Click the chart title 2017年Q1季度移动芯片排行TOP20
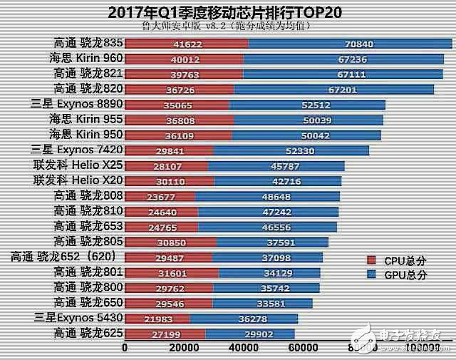coord(228,12)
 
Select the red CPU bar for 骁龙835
coord(187,43)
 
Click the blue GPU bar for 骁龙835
coord(350,43)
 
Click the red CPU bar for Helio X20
coord(170,180)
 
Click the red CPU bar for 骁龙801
coord(172,272)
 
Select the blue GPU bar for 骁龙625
coord(249,334)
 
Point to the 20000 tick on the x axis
coord(184,348)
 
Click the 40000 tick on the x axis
coord(244,348)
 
